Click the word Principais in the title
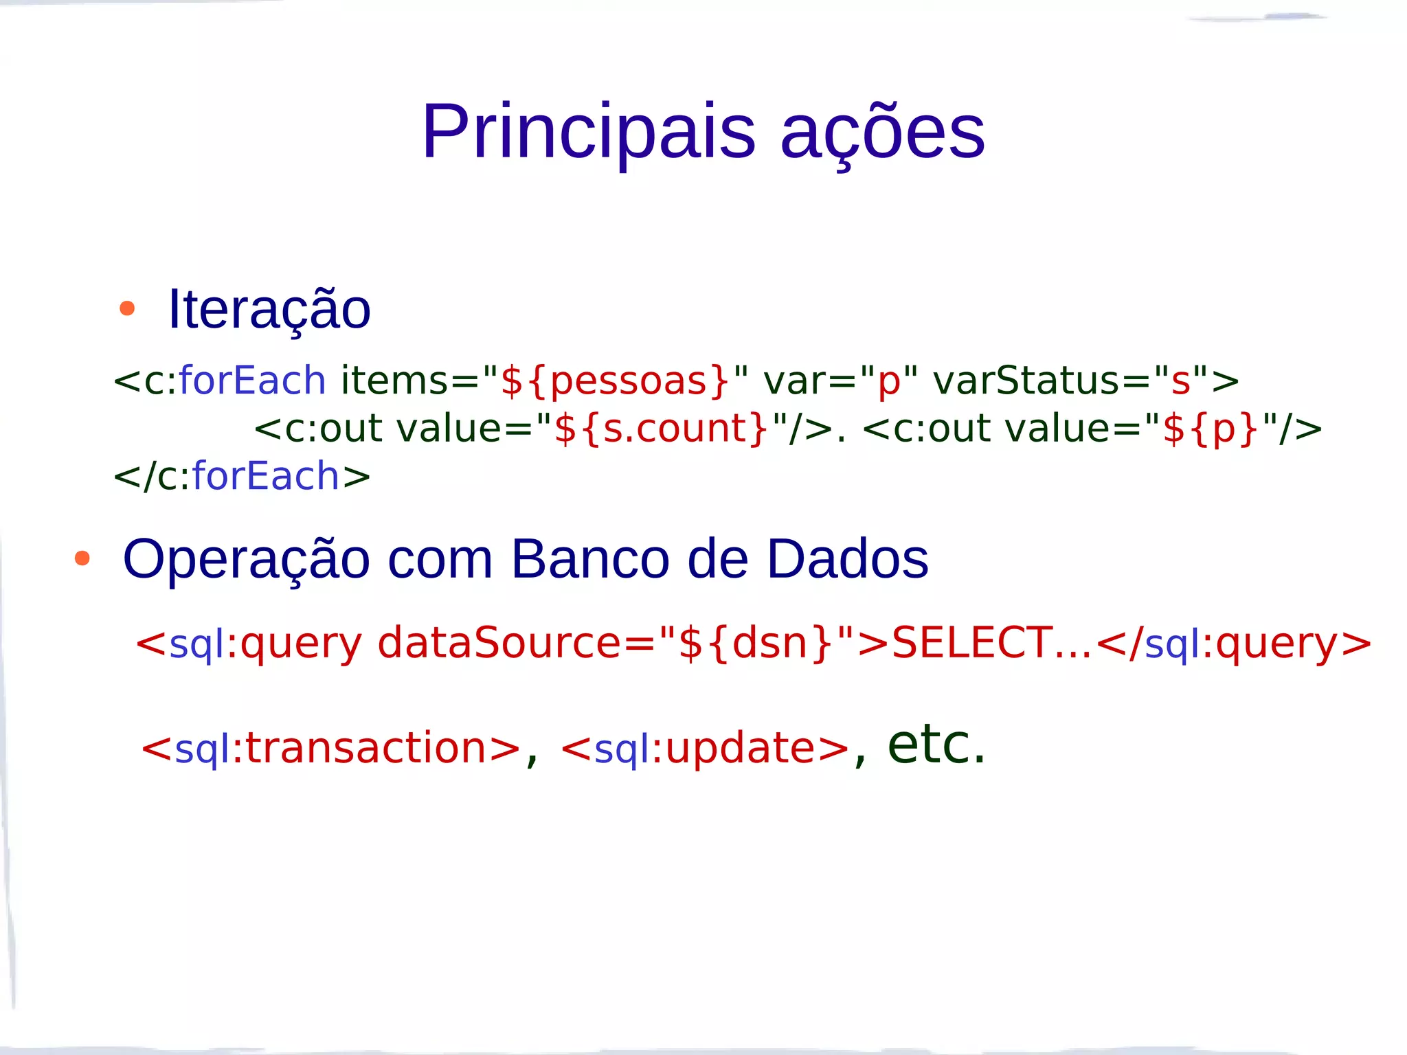(x=589, y=131)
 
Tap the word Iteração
(x=269, y=310)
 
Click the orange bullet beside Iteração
(x=127, y=308)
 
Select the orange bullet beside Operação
(x=82, y=558)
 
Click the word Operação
(x=247, y=559)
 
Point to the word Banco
(x=590, y=559)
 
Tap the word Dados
(x=847, y=559)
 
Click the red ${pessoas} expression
(x=615, y=381)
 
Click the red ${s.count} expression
(x=661, y=429)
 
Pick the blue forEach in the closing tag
(x=266, y=476)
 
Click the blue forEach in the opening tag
(x=252, y=381)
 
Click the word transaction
(x=365, y=748)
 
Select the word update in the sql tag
(x=740, y=748)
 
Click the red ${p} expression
(x=1211, y=429)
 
